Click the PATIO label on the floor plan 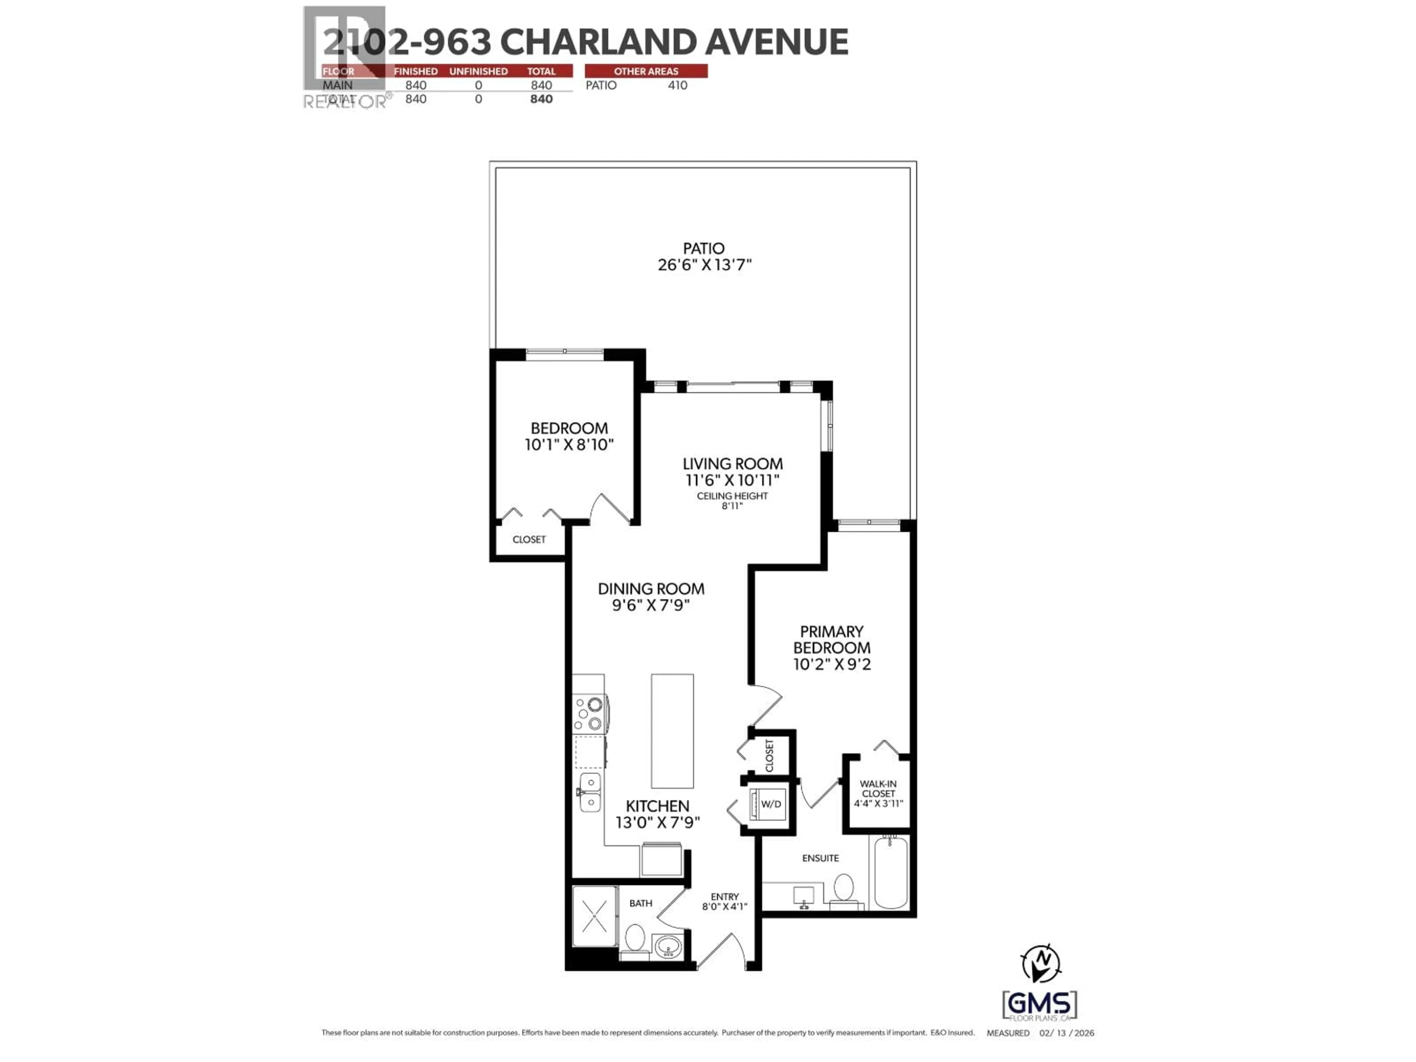704,249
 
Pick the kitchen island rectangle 672,731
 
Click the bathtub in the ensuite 891,872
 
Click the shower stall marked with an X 595,917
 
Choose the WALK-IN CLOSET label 878,789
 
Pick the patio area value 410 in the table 677,85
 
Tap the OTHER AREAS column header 646,71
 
